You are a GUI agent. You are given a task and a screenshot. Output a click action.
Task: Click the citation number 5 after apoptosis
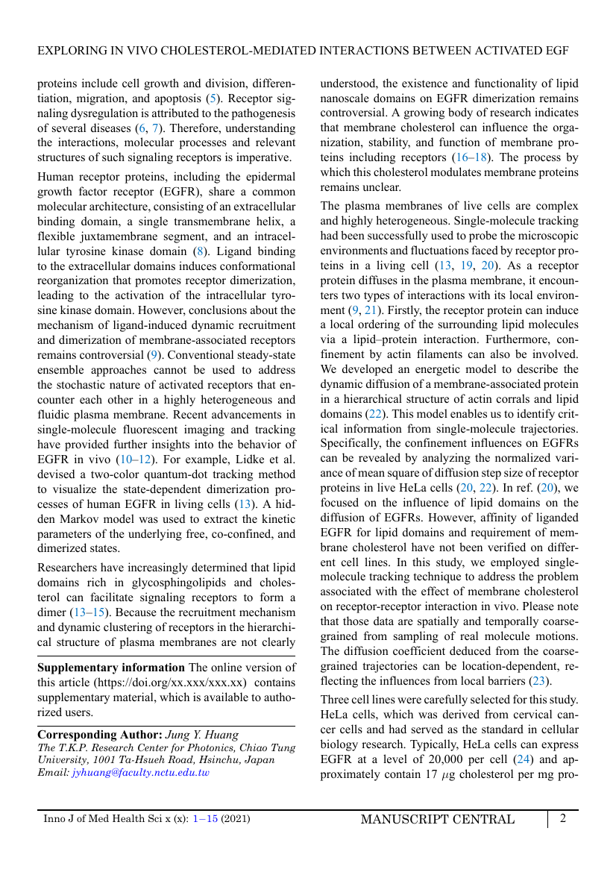212,98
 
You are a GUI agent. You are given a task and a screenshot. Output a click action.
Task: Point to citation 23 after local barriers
538,681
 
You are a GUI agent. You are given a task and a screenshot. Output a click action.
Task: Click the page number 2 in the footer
563,818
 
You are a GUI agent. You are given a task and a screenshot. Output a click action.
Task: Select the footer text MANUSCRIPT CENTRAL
437,819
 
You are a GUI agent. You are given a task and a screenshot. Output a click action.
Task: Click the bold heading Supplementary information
111,667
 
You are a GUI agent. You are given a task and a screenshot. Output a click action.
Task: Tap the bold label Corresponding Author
100,734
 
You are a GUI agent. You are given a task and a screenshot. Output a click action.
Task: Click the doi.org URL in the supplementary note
169,682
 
